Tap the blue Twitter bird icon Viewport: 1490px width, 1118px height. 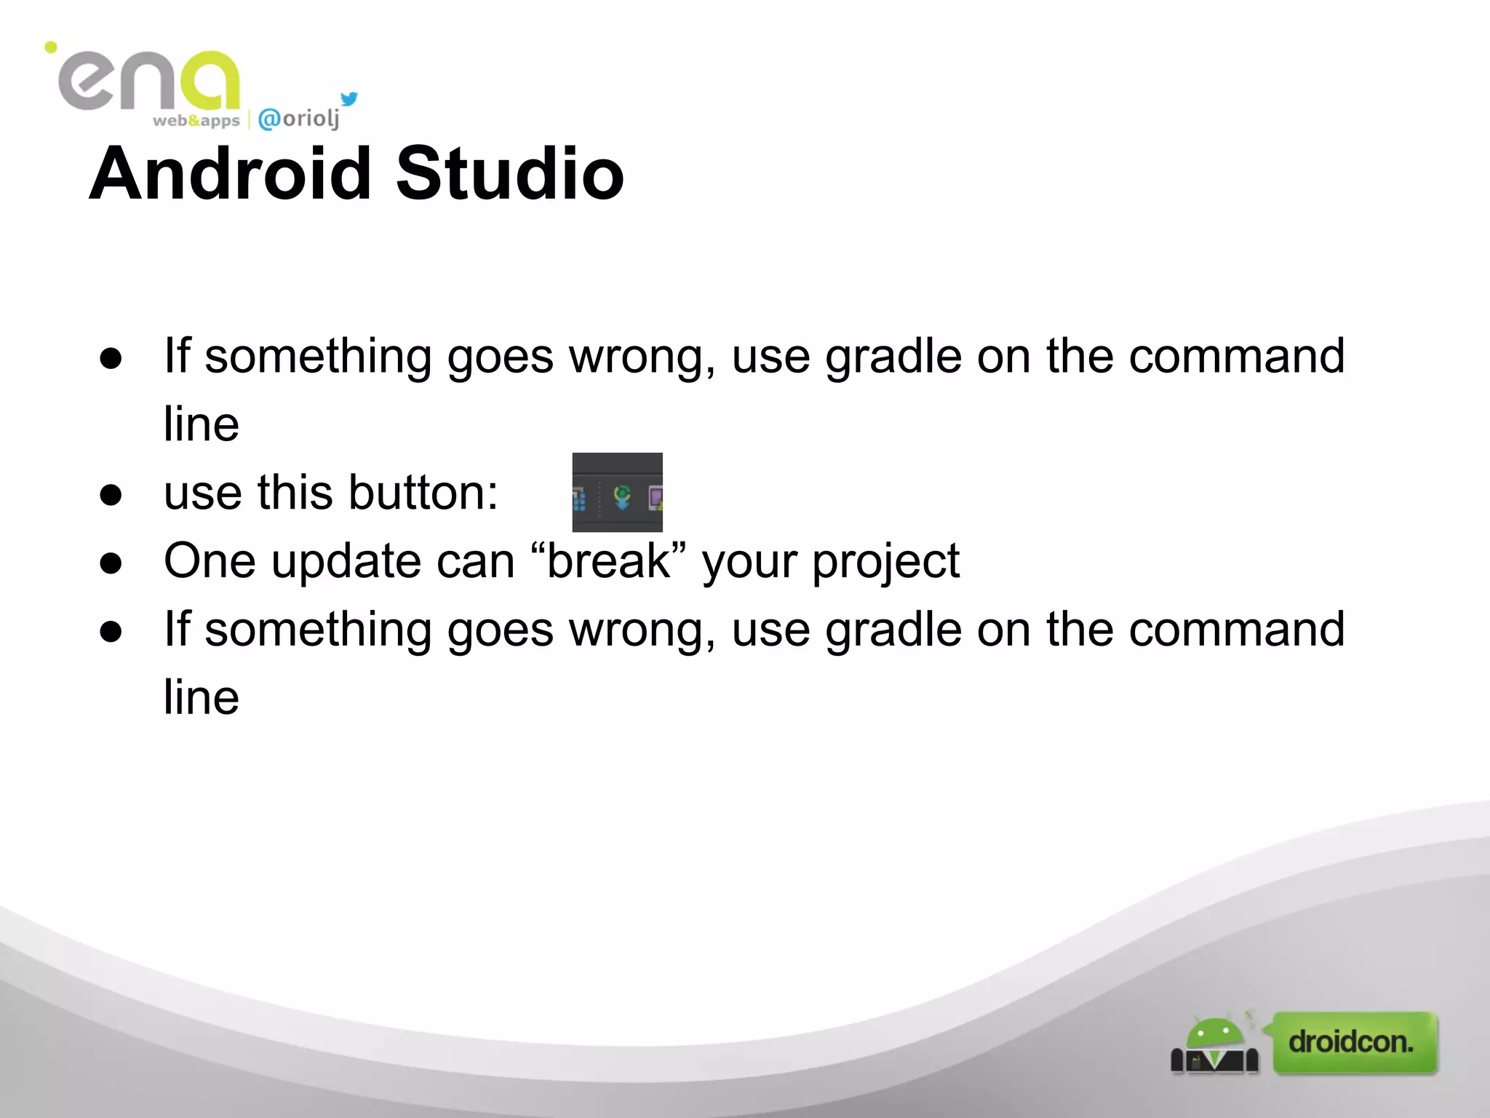350,99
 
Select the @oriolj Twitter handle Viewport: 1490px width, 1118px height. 299,119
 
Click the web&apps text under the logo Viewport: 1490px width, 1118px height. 196,121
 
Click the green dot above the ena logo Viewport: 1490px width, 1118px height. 51,48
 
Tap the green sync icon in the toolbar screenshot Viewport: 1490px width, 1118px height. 622,497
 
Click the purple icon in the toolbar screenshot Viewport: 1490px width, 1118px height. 655,499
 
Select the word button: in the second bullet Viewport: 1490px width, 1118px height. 423,493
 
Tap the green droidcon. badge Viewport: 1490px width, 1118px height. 1354,1042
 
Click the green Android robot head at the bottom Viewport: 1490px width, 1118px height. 1214,1034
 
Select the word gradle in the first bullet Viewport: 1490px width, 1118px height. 893,357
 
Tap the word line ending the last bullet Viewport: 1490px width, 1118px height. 202,697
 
